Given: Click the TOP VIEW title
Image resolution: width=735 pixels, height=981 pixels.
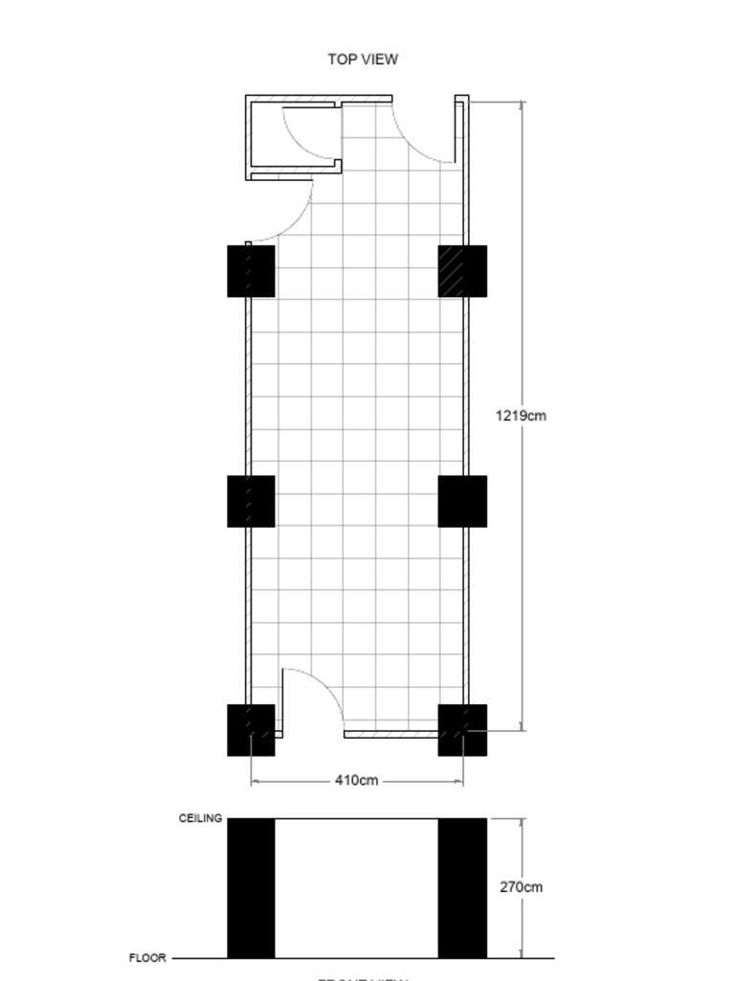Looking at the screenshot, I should pyautogui.click(x=363, y=59).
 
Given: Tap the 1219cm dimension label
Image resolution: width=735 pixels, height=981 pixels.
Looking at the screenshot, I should pyautogui.click(x=521, y=416).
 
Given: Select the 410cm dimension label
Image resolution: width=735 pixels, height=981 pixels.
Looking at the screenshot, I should pyautogui.click(x=356, y=781).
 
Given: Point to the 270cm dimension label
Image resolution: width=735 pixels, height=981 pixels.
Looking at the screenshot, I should pyautogui.click(x=521, y=887).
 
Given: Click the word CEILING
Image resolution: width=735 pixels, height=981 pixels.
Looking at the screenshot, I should pyautogui.click(x=200, y=819).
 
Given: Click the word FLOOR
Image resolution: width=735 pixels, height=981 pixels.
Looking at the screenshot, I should pyautogui.click(x=147, y=957).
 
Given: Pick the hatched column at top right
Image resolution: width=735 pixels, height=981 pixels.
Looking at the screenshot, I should pyautogui.click(x=462, y=271).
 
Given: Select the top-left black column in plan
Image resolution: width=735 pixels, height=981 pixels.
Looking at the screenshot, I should pyautogui.click(x=251, y=271).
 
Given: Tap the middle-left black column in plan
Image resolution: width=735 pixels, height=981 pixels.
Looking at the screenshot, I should pyautogui.click(x=251, y=501).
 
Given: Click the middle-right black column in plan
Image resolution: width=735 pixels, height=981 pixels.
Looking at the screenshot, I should pyautogui.click(x=462, y=501).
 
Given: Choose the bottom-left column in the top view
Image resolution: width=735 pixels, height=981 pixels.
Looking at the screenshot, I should pyautogui.click(x=251, y=730).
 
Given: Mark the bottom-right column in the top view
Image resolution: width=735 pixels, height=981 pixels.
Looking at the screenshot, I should pyautogui.click(x=462, y=730).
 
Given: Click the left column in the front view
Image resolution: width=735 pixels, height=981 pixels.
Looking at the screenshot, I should pyautogui.click(x=251, y=888).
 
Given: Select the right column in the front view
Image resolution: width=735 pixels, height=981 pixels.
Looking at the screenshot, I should pyautogui.click(x=462, y=888).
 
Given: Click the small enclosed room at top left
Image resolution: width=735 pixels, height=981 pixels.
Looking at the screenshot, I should pyautogui.click(x=293, y=136).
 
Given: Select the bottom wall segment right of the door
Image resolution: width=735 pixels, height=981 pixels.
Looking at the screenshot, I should pyautogui.click(x=390, y=734).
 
